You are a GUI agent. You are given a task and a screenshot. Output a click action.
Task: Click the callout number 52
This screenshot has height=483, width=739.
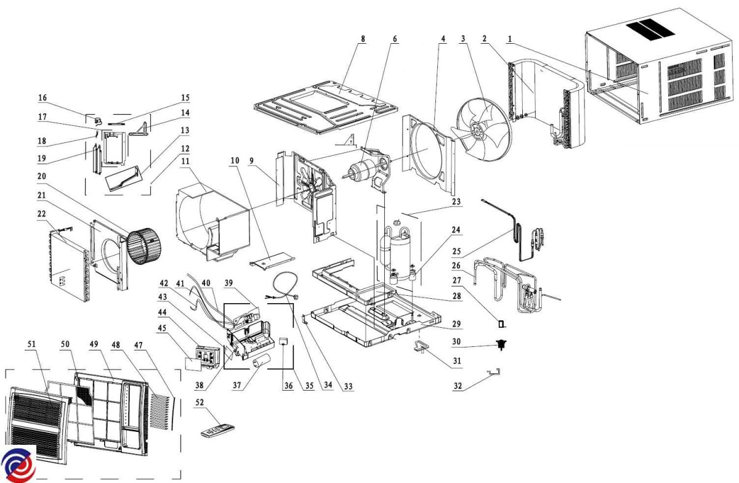point(200,402)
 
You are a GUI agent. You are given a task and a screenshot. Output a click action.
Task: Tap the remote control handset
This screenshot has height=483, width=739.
point(218,431)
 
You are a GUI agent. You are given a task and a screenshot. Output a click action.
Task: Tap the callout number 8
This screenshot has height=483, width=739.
point(363,39)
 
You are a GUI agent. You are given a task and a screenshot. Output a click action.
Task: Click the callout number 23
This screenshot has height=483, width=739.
point(456,201)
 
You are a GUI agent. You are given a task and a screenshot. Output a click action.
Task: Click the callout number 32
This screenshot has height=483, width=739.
point(458,386)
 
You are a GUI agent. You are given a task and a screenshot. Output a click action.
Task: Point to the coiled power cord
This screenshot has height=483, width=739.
point(285,287)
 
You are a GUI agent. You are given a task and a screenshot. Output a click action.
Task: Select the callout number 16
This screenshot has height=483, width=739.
point(42,98)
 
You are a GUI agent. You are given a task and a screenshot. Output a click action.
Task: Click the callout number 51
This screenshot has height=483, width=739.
point(31,344)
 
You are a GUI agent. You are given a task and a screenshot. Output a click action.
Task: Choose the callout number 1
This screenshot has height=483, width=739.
point(510,39)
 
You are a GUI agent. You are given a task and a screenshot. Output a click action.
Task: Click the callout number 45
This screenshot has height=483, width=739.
point(162,328)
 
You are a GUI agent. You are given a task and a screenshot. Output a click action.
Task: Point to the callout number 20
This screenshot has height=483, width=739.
point(42,176)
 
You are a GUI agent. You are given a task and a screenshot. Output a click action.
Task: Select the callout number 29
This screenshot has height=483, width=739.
point(456,324)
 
